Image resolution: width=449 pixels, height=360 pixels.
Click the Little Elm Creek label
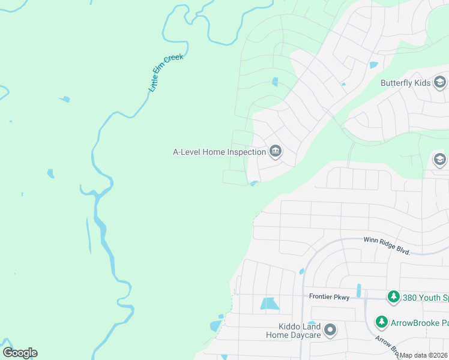click(x=166, y=73)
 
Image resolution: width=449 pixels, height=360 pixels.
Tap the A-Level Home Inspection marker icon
click(x=276, y=151)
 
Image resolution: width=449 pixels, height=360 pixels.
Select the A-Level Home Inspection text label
click(x=220, y=152)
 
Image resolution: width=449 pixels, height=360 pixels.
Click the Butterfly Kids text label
click(x=406, y=83)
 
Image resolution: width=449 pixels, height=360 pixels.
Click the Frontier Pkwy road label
click(x=329, y=296)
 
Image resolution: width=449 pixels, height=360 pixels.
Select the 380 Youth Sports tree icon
click(x=393, y=297)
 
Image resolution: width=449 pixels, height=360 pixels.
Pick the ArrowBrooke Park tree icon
click(x=381, y=322)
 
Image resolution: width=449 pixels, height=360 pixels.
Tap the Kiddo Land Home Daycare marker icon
click(x=330, y=330)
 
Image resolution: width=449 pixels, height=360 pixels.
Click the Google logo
click(x=20, y=353)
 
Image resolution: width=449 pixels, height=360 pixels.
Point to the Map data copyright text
click(x=424, y=355)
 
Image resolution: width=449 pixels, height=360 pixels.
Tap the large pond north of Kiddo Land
click(x=270, y=304)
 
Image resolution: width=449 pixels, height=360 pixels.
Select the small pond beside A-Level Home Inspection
click(x=255, y=183)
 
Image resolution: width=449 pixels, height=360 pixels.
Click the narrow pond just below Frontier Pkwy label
click(x=358, y=290)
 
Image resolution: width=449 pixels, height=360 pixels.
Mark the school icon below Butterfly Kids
click(x=439, y=159)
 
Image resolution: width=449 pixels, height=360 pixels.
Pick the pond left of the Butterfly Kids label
click(x=374, y=65)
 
